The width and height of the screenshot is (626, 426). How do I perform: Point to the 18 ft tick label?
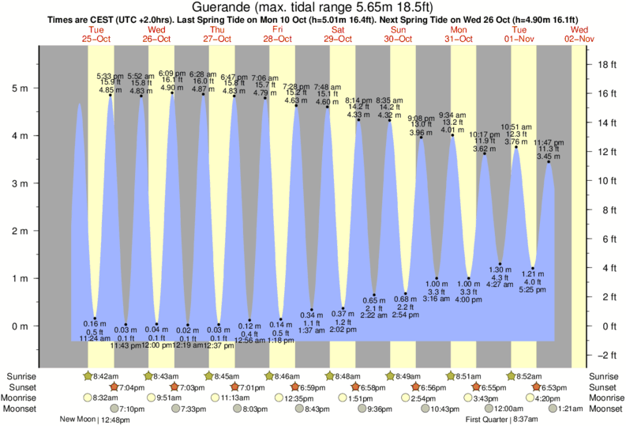coord(605,64)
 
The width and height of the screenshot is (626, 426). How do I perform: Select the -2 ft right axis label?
coord(606,355)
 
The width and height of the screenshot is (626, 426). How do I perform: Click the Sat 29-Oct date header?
coord(338,33)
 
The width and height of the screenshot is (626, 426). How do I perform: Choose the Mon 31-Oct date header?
coord(459,33)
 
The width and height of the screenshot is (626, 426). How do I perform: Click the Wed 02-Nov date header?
coord(579,33)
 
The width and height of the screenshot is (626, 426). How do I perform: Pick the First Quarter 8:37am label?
coord(497,420)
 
